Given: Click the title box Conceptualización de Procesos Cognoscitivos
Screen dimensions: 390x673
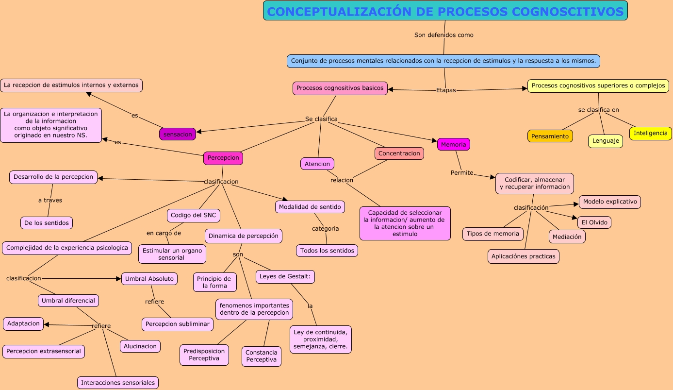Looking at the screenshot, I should (445, 11).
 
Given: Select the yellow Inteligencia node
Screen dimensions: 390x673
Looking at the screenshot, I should (650, 133).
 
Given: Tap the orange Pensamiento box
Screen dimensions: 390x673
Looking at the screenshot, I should (550, 136).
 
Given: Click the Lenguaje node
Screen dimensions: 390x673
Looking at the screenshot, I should (605, 141).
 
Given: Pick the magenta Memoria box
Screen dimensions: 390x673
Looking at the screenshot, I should (453, 144).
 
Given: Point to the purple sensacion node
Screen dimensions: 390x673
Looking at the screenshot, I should (178, 134).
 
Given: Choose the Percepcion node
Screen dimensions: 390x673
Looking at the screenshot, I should (223, 158).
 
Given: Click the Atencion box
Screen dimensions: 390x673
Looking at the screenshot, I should (317, 164).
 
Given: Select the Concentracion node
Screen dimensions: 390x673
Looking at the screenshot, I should (399, 153).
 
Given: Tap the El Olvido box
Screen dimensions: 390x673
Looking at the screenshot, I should (594, 222).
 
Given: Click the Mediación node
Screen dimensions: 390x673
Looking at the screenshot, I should (567, 237).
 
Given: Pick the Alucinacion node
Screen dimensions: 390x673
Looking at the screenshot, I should (140, 346).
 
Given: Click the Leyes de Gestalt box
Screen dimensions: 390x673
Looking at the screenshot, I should (285, 277).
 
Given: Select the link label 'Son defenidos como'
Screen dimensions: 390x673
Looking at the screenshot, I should (443, 35).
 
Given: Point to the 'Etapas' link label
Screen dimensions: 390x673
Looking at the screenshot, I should (446, 90).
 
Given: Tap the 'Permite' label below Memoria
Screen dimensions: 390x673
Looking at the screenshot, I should (461, 172).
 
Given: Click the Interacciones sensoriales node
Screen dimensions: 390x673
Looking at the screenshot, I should (118, 383).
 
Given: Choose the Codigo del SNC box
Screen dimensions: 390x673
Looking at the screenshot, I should (194, 216).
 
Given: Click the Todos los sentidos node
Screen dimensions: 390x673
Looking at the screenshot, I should (327, 251).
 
